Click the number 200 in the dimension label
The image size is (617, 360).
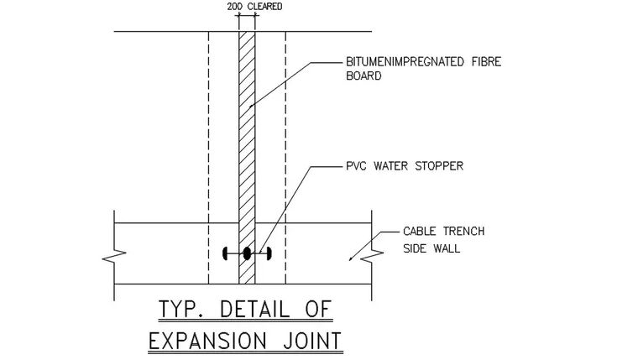pos(235,7)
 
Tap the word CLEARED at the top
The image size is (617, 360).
pos(264,7)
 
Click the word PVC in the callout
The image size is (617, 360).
pos(356,166)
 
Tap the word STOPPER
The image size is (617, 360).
pos(437,166)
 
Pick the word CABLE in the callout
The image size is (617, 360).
pos(420,231)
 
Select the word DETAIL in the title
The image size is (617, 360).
pos(251,310)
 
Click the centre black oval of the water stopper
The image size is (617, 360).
pos(247,253)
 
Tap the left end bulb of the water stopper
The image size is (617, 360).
pos(225,253)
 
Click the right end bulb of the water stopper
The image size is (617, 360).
pos(269,253)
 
